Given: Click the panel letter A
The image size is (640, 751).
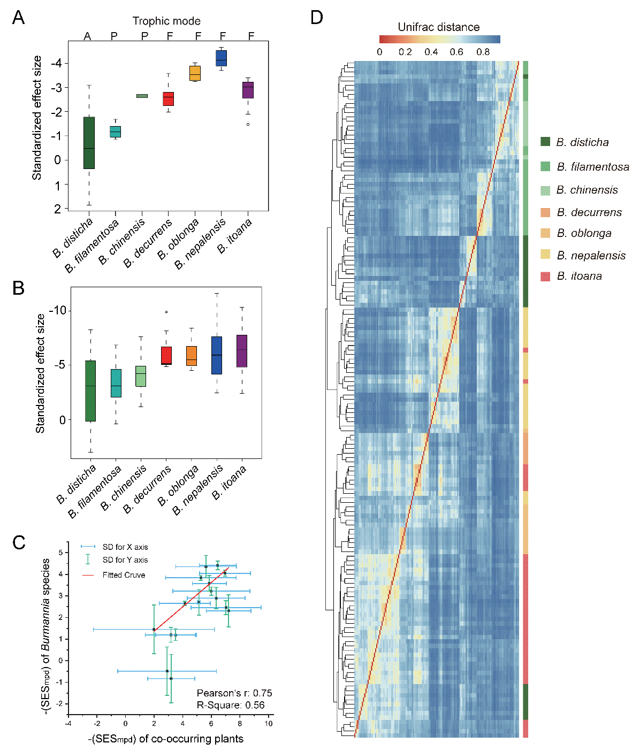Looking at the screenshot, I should point(18,18).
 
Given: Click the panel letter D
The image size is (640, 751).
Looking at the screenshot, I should point(317,18).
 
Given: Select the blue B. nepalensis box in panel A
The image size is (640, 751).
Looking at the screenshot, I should point(221,58).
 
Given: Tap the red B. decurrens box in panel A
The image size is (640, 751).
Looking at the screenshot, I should point(169,99).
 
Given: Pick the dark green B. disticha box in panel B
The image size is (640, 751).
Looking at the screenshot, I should point(90,390).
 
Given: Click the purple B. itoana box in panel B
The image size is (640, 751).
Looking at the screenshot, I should point(242,351).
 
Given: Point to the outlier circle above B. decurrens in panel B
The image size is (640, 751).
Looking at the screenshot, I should point(166,312).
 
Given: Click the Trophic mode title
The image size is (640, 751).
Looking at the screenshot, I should point(166,21).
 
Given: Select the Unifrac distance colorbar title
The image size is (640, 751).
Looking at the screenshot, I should point(438,27).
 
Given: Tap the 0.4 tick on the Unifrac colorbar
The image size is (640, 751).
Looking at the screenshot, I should point(431,52).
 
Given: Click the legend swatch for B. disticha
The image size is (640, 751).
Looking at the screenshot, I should point(545,142).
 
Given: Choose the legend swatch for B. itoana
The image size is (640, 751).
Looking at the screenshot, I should point(545,276).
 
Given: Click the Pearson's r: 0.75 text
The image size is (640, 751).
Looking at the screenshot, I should point(234,693).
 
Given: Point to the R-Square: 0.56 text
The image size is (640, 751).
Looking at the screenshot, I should point(231,705).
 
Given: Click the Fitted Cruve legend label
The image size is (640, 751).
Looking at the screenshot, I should point(124,575).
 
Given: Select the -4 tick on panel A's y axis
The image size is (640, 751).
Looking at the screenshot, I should point(55,63).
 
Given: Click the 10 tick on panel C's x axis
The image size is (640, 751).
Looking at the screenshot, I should point(268,724).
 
